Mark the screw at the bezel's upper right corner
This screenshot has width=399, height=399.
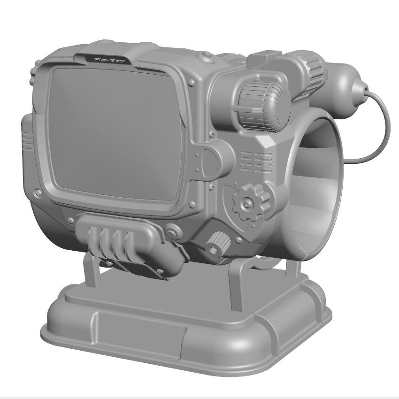(192, 83)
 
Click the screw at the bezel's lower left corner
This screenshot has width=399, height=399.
(38, 192)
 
